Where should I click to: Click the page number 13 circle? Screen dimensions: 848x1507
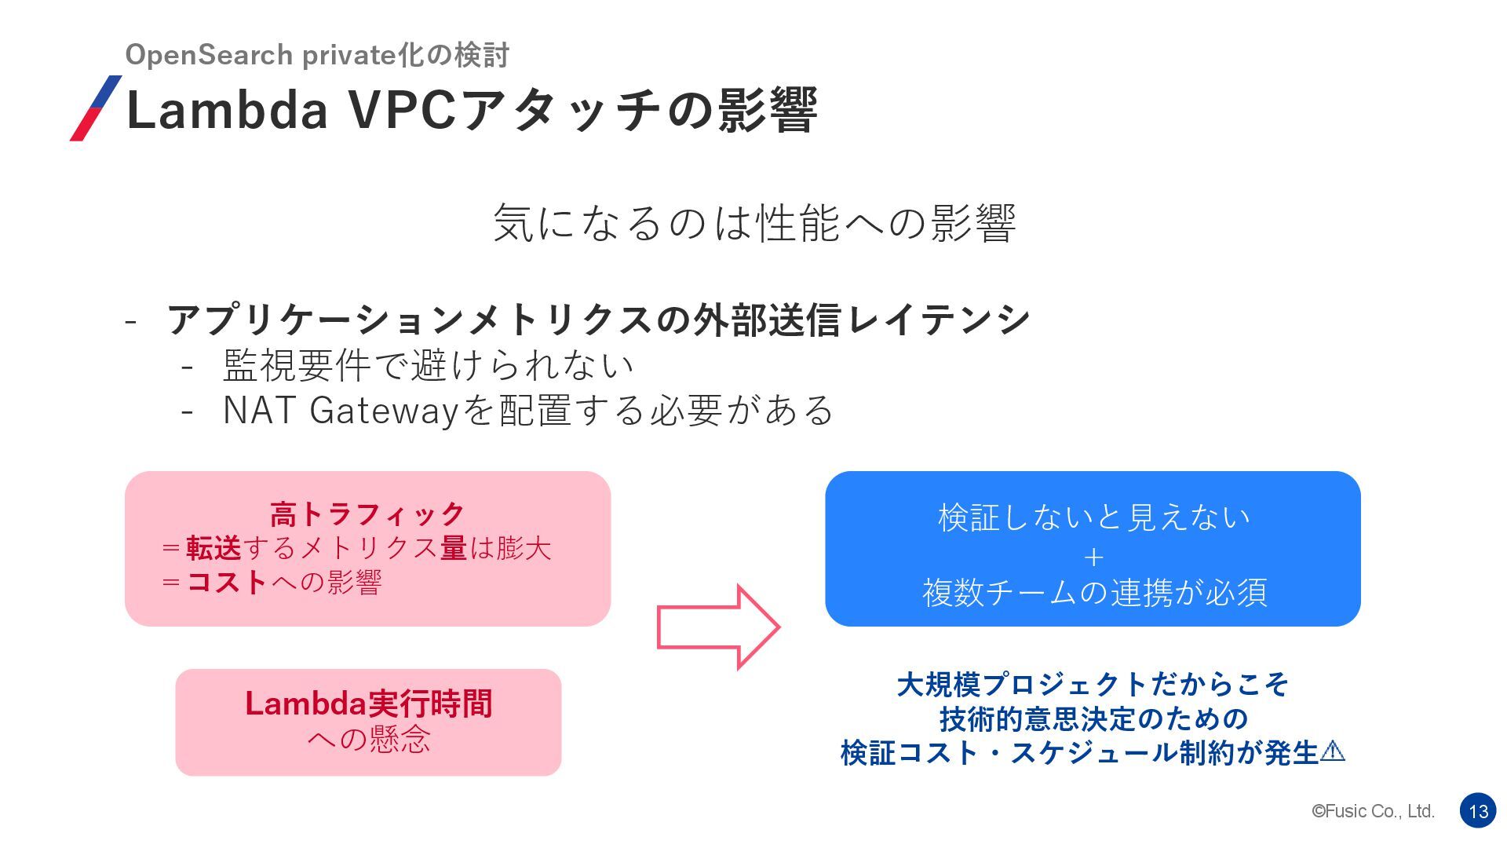(1478, 811)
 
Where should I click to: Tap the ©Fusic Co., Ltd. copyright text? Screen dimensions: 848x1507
(1373, 811)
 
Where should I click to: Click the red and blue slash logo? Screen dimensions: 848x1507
(96, 108)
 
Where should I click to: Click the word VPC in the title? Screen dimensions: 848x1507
(402, 110)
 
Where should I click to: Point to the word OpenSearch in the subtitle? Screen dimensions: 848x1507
(209, 55)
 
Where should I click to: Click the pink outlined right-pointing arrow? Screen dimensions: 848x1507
(717, 627)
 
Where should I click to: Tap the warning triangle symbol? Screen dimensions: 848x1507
(1333, 751)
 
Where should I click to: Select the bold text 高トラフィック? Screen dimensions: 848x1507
(367, 514)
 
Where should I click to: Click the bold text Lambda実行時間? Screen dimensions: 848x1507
(368, 703)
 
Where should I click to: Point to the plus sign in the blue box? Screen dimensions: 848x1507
(1093, 557)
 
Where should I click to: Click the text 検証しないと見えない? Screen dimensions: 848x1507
(1093, 517)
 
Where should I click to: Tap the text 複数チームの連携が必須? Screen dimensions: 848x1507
(1093, 592)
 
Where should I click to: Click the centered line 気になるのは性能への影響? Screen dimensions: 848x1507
(753, 223)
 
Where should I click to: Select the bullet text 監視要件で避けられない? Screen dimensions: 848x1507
(428, 364)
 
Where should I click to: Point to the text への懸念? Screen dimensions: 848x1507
(368, 738)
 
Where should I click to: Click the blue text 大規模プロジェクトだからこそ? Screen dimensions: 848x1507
(1093, 684)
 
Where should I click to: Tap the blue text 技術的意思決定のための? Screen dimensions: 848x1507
(1093, 718)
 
